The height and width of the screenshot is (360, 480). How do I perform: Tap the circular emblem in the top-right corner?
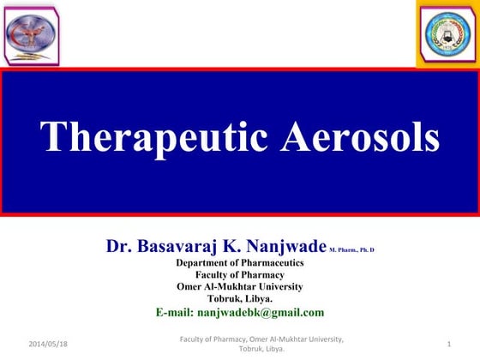coord(447,33)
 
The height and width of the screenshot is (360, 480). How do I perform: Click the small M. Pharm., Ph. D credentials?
coord(351,249)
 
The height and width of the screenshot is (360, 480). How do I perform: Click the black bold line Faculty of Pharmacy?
coord(239,274)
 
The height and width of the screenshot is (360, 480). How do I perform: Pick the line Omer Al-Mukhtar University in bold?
coord(239,286)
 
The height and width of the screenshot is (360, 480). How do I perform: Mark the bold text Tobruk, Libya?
coord(239,298)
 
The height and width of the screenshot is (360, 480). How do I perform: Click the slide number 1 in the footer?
coord(449,344)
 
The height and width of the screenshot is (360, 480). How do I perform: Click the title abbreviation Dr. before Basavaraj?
coord(119,247)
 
